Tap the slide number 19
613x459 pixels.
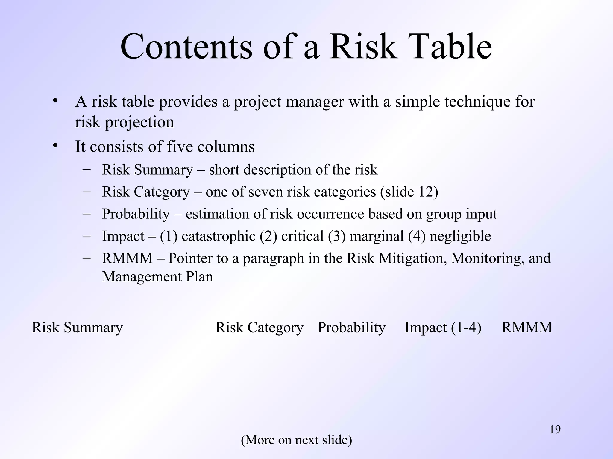click(x=555, y=430)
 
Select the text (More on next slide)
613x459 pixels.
click(x=296, y=440)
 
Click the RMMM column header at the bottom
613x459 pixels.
click(x=526, y=328)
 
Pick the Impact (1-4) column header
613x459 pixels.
click(x=443, y=328)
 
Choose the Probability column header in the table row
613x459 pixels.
click(x=351, y=328)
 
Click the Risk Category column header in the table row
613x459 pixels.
click(x=259, y=328)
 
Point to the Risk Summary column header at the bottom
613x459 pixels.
click(x=77, y=328)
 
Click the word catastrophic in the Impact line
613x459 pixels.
click(x=218, y=236)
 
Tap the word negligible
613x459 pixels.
click(x=460, y=236)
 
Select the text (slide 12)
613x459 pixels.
click(x=409, y=192)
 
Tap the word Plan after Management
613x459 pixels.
click(x=199, y=277)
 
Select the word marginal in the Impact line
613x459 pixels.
click(x=377, y=236)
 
